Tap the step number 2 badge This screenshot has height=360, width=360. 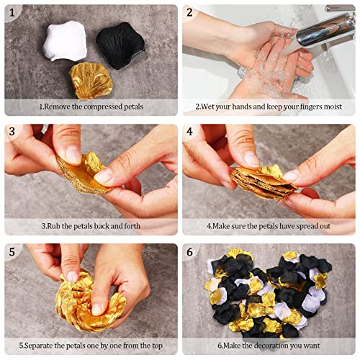point(190,12)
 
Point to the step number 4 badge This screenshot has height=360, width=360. point(190,132)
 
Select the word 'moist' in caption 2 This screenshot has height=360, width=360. point(322,106)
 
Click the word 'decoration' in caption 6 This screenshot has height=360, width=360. point(282,345)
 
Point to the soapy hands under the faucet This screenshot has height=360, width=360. point(263,61)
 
